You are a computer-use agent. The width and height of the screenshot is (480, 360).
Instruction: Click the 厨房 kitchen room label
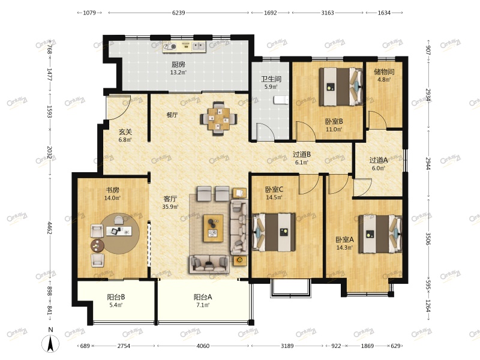click(178, 65)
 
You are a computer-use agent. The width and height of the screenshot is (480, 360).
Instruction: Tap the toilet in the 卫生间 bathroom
click(281, 100)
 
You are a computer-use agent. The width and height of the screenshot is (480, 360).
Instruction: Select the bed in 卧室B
click(341, 87)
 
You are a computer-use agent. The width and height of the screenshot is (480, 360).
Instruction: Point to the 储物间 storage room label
click(384, 72)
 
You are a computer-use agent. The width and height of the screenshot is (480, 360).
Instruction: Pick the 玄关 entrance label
click(125, 132)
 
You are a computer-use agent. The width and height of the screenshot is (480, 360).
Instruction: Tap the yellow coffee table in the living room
click(214, 229)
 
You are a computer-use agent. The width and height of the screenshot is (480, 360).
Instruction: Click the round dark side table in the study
click(97, 245)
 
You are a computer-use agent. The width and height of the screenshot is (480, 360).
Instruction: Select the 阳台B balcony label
click(116, 297)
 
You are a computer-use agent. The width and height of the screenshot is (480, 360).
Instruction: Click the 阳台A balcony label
click(203, 297)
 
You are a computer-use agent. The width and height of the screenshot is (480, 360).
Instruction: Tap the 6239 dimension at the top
click(178, 13)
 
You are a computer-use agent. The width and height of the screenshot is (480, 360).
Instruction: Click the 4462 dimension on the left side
click(49, 227)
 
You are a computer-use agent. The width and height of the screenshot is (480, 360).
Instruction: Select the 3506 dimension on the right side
click(428, 239)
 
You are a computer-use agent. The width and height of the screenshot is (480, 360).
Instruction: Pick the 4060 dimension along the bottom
click(203, 346)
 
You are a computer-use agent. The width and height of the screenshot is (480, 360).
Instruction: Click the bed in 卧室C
click(274, 232)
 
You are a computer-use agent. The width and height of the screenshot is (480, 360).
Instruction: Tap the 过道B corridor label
click(302, 154)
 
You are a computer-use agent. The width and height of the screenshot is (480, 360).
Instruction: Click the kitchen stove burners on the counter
click(169, 47)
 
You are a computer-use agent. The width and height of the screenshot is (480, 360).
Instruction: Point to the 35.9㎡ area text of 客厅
click(170, 206)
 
